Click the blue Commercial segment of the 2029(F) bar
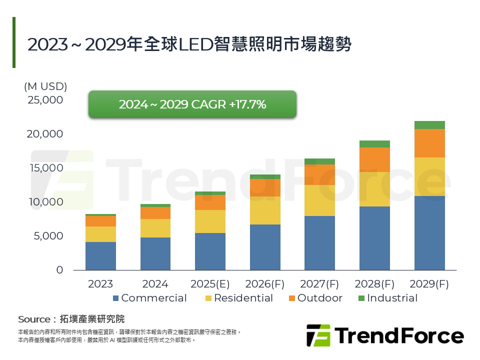[429, 233]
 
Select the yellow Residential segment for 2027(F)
[320, 200]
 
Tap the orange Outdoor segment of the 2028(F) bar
[374, 159]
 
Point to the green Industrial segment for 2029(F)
[429, 125]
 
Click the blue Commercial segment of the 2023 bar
[100, 256]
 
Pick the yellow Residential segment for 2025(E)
[210, 221]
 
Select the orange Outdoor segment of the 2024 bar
[155, 213]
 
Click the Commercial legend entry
[149, 298]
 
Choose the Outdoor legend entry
[314, 298]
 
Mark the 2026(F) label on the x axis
[264, 284]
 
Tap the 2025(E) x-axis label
[210, 284]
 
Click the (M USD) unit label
[45, 86]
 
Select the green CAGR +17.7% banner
[192, 104]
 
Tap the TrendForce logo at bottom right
[384, 335]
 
